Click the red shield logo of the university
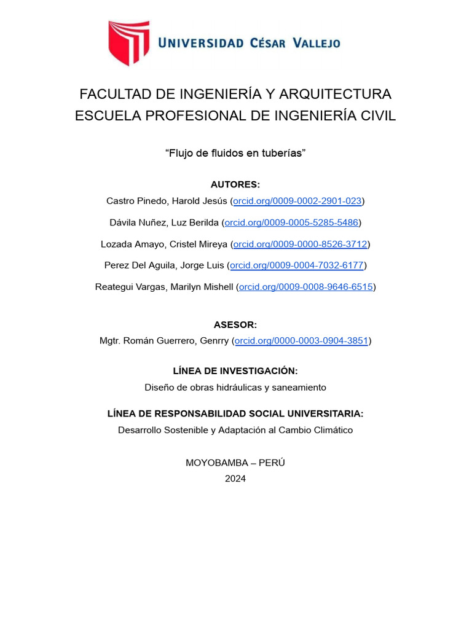pyautogui.click(x=128, y=42)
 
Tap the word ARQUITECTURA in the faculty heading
pyautogui.click(x=335, y=94)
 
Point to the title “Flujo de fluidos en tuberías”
pyautogui.click(x=235, y=153)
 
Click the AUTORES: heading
pyautogui.click(x=235, y=184)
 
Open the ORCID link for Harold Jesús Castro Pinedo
pyautogui.click(x=297, y=201)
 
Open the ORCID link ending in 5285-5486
pyautogui.click(x=292, y=222)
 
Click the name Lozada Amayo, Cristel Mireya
pyautogui.click(x=164, y=244)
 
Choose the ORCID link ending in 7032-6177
pyautogui.click(x=297, y=265)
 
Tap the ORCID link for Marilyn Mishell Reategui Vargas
pyautogui.click(x=306, y=287)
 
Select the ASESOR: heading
pyautogui.click(x=235, y=325)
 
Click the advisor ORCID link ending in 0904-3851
pyautogui.click(x=301, y=340)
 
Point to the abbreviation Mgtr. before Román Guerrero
pyautogui.click(x=111, y=340)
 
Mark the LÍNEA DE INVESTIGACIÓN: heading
pyautogui.click(x=235, y=371)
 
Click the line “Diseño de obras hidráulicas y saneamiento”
pyautogui.click(x=235, y=388)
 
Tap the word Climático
pyautogui.click(x=332, y=430)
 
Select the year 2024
pyautogui.click(x=235, y=479)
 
